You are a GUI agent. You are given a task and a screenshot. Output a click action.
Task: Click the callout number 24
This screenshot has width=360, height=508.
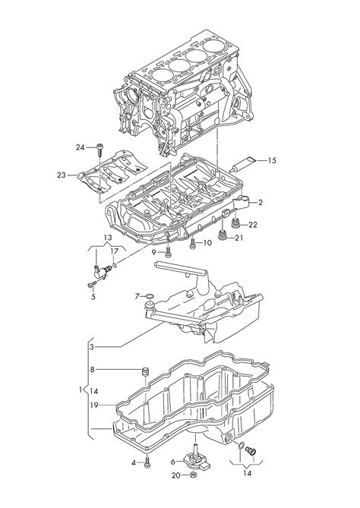click(x=80, y=147)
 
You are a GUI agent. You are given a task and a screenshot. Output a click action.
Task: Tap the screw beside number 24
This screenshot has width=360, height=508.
click(x=99, y=150)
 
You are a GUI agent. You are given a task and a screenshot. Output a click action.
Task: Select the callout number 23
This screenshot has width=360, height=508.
click(x=62, y=175)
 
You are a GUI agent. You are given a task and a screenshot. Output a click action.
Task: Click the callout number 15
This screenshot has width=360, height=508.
click(x=272, y=160)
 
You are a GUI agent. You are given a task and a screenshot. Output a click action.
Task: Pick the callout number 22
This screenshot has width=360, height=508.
click(x=253, y=225)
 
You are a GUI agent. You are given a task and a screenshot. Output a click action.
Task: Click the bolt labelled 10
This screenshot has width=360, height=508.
click(x=192, y=243)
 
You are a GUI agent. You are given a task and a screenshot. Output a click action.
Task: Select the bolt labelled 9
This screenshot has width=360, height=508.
click(x=168, y=252)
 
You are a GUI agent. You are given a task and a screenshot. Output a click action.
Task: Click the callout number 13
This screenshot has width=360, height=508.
click(x=108, y=238)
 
